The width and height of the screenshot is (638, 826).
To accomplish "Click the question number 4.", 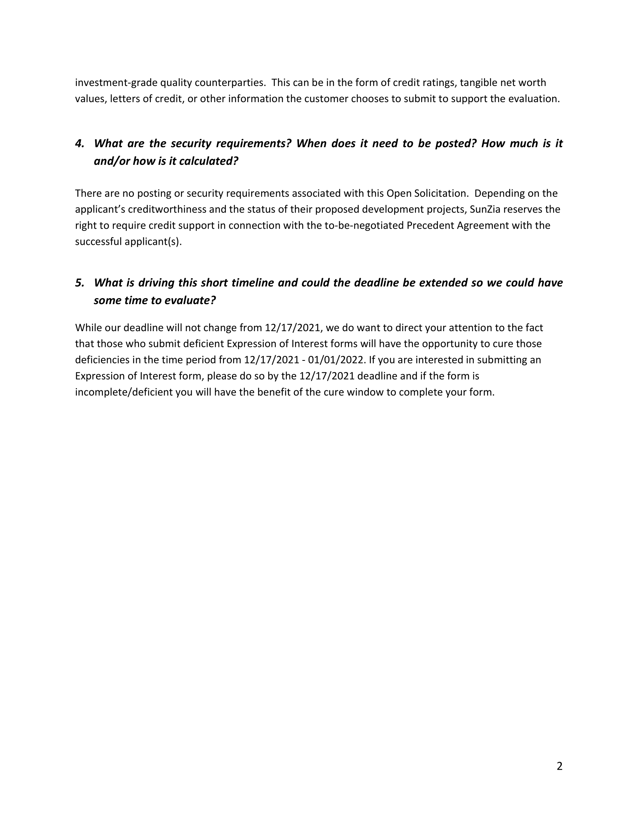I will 79,143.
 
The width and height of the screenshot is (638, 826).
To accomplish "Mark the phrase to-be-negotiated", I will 364,225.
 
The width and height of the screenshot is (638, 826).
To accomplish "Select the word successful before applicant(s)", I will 98,242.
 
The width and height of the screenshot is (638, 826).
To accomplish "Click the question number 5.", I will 79,282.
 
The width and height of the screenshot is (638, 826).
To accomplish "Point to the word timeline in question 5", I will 250,282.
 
